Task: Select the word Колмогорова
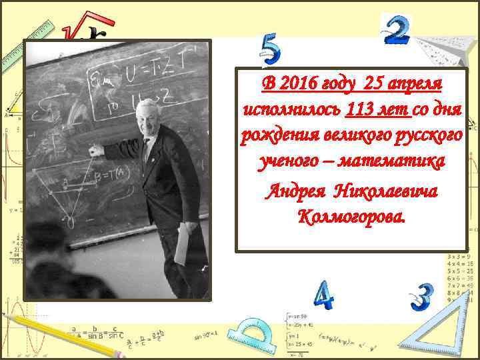click(352, 216)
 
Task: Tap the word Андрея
click(294, 192)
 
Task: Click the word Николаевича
click(390, 192)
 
